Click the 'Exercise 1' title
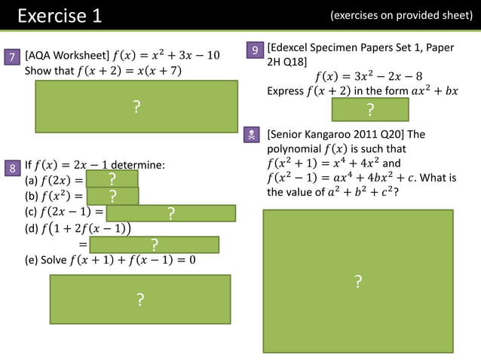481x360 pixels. click(x=60, y=15)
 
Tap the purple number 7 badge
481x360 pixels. click(x=12, y=57)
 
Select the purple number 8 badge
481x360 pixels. click(x=12, y=168)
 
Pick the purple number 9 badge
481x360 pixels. click(x=256, y=50)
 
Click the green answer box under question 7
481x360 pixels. click(x=136, y=108)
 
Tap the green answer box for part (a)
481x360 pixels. click(x=112, y=179)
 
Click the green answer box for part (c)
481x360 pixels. click(x=170, y=213)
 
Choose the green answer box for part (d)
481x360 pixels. click(x=154, y=245)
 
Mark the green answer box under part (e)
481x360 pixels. click(x=140, y=300)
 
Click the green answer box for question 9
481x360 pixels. click(x=370, y=110)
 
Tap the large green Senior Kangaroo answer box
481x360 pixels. click(x=357, y=281)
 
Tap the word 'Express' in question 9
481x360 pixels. click(x=285, y=92)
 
